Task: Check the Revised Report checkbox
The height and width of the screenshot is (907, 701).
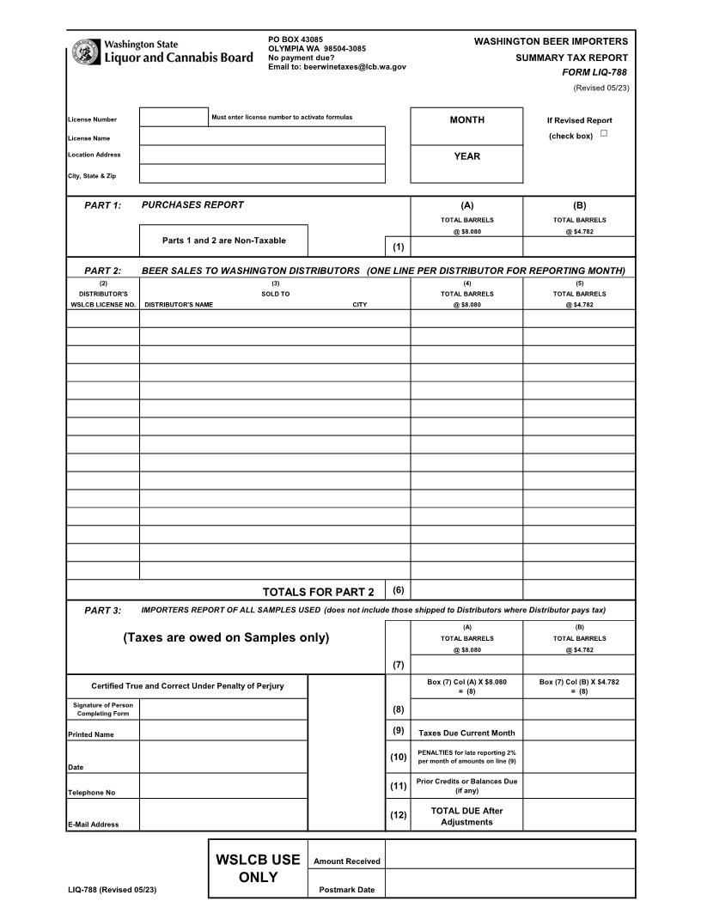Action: pos(604,134)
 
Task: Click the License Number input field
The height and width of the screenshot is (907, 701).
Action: pos(174,117)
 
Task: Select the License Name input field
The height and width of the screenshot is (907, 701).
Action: pos(262,136)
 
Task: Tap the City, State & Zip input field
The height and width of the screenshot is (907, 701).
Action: pos(262,173)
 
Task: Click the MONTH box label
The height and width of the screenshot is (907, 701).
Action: pos(466,120)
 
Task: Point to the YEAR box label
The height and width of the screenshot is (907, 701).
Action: pos(466,156)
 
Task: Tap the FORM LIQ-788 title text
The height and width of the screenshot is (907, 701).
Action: pos(594,72)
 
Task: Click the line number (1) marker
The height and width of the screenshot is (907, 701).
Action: pos(398,247)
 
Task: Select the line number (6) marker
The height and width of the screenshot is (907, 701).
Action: pos(398,590)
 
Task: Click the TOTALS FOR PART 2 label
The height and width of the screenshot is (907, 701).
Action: pos(318,592)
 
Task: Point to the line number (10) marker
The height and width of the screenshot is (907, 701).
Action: pos(398,757)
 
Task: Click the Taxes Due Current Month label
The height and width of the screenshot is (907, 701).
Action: pos(466,733)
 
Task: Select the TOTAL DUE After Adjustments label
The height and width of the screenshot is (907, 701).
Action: pos(466,816)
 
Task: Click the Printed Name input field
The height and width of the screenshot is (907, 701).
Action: pos(223,731)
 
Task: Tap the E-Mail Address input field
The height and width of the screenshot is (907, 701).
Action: pos(223,814)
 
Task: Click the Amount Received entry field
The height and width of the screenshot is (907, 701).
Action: pos(510,854)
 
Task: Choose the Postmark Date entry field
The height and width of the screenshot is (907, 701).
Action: pos(510,883)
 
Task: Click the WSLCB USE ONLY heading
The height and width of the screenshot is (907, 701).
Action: pos(258,868)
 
